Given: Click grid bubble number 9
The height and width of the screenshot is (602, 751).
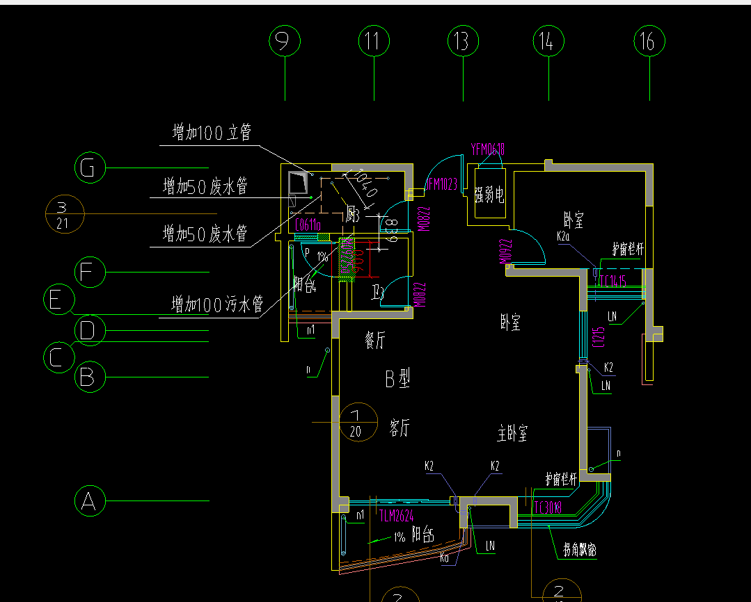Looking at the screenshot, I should tap(284, 42).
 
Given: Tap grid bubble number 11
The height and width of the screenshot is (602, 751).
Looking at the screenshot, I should tap(374, 42).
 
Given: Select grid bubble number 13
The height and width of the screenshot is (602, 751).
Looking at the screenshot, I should tap(462, 42).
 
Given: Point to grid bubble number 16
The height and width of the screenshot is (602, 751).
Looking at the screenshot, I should tap(649, 42).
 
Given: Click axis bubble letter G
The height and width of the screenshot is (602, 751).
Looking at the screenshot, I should tap(89, 168).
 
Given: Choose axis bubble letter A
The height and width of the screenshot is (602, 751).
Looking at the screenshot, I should tap(89, 501).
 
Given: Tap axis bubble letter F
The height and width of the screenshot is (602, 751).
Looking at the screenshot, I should tap(89, 272).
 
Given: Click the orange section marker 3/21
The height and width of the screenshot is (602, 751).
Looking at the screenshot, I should tap(63, 214).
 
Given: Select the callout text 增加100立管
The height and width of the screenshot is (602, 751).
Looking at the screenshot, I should tap(212, 132).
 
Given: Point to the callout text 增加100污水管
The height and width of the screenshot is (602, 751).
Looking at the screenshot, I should tap(217, 304).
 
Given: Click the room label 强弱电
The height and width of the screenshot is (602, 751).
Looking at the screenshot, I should tap(489, 195).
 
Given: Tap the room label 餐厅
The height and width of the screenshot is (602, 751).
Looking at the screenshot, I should tap(374, 341).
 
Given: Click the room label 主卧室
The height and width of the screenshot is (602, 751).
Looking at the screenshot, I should tap(512, 434).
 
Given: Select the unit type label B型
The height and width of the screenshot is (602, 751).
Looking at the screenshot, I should tap(397, 379).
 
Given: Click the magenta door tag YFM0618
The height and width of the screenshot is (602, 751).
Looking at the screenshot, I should tap(487, 149).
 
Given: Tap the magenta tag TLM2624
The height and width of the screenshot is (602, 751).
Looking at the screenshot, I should tap(397, 516).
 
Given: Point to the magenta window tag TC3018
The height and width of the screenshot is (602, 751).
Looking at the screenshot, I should tap(548, 507).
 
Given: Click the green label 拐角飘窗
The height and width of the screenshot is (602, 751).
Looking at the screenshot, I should tap(579, 551).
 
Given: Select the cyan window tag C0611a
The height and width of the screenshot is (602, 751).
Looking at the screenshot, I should tap(308, 225).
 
